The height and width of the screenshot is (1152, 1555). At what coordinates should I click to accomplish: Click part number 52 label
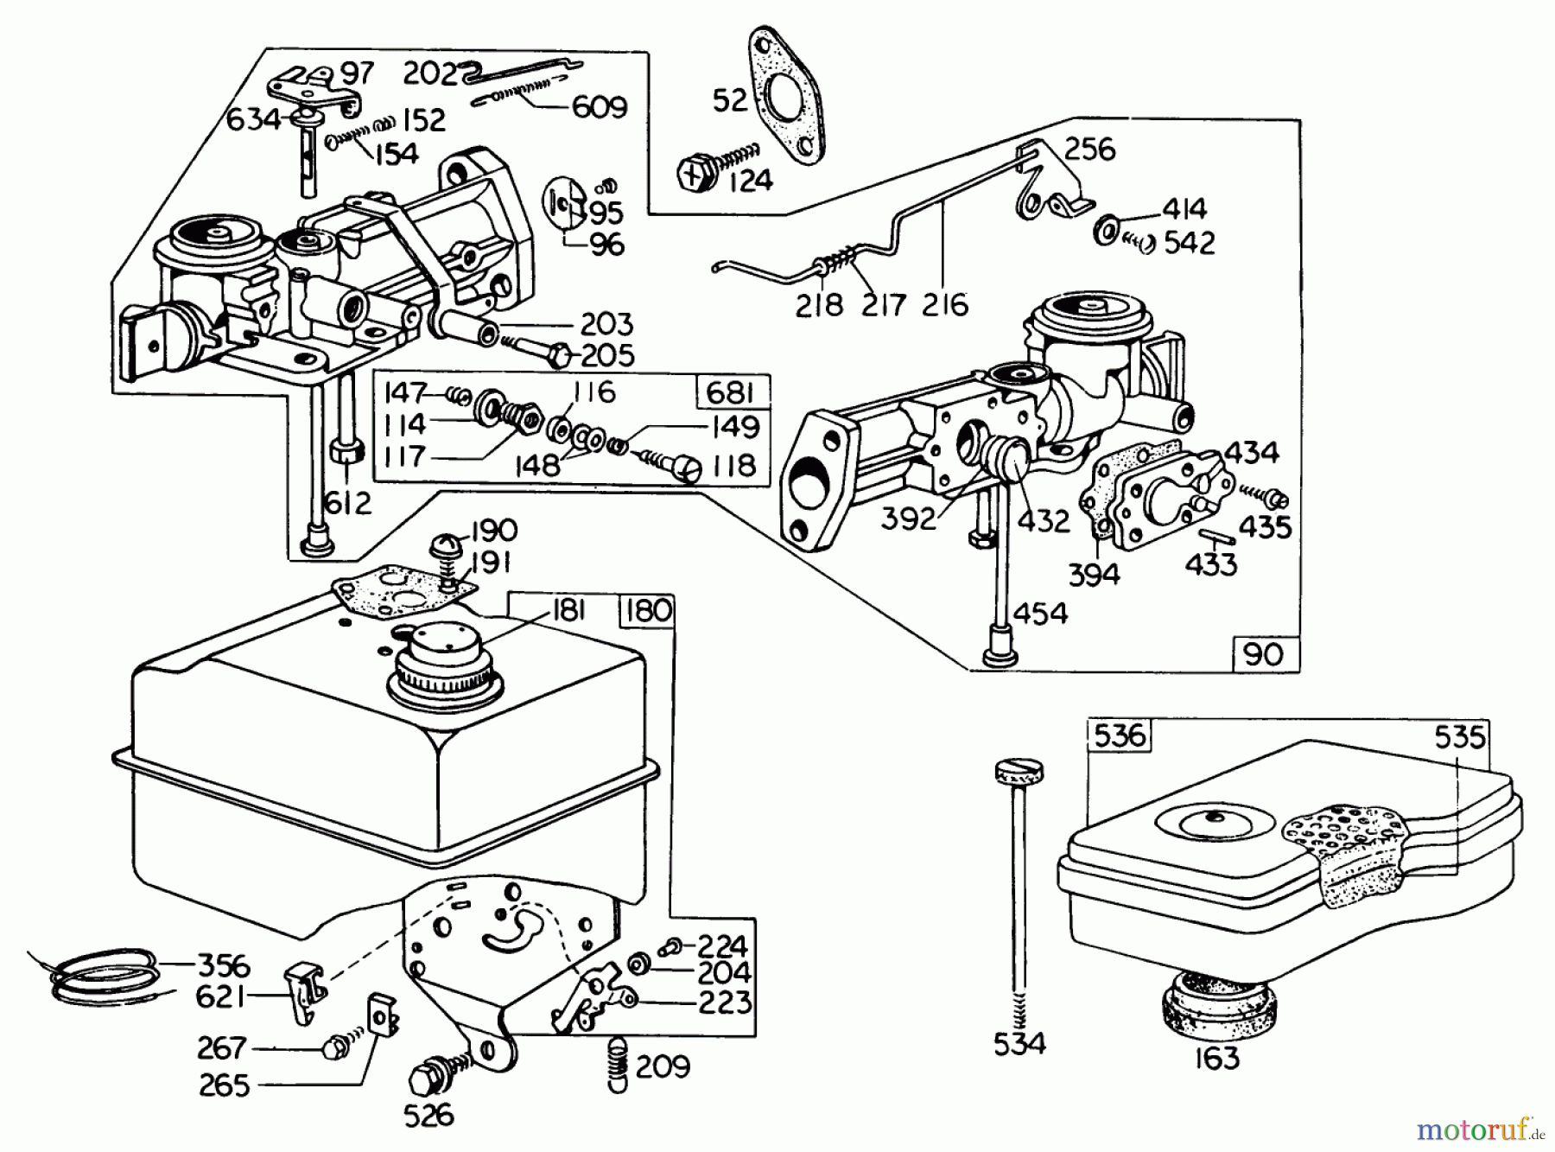click(x=729, y=100)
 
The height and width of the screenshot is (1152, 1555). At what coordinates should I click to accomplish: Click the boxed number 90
click(x=1263, y=653)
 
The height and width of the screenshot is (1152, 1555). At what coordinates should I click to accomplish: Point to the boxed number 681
click(x=731, y=393)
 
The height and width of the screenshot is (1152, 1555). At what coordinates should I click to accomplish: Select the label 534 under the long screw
click(x=1019, y=1044)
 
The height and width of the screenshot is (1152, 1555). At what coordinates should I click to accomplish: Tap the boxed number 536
click(x=1120, y=735)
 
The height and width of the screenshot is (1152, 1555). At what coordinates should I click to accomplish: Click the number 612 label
click(x=347, y=503)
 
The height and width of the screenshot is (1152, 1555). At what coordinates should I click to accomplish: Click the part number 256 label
click(x=1090, y=150)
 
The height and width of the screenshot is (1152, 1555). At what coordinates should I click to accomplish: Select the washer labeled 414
click(x=1106, y=232)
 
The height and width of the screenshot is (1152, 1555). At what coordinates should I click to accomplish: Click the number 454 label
click(x=1040, y=614)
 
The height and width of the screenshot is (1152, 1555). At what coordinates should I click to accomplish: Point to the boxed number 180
click(x=648, y=610)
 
